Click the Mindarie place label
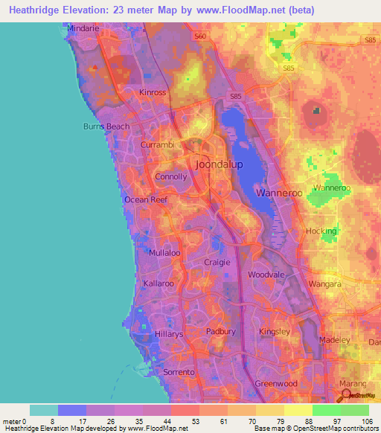(x=83, y=28)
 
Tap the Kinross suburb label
(x=154, y=93)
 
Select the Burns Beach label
(x=106, y=126)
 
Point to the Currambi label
(x=157, y=146)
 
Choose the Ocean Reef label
(x=146, y=199)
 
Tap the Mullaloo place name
(x=164, y=253)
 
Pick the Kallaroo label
(x=159, y=284)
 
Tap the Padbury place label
(x=220, y=332)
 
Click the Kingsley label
(x=273, y=331)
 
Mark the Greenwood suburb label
(x=276, y=384)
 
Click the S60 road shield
(x=198, y=35)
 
